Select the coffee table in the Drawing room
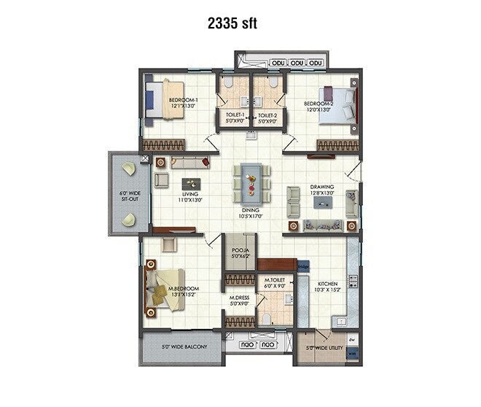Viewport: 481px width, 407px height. click(323, 203)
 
